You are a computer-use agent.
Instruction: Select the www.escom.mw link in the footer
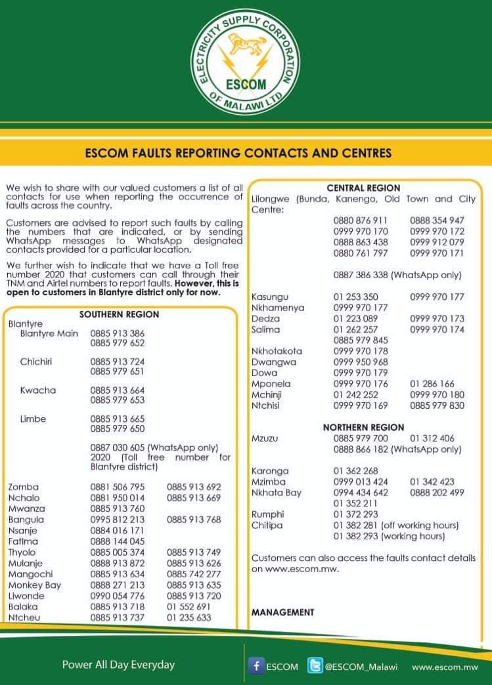click(445, 667)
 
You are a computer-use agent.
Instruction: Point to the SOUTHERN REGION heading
click(119, 314)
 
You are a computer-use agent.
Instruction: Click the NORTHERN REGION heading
click(363, 427)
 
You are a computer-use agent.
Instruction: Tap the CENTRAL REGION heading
click(363, 188)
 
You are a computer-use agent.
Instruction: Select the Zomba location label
click(24, 487)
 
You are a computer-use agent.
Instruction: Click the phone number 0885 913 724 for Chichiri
click(118, 362)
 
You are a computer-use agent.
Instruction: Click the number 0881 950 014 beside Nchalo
click(118, 497)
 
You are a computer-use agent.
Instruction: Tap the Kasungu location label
click(270, 297)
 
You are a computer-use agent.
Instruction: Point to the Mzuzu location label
click(266, 438)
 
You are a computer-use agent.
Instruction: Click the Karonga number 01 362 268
click(355, 470)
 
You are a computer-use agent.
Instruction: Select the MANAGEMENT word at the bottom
click(282, 612)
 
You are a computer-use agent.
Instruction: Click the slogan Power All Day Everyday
click(118, 665)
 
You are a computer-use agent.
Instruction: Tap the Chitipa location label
click(267, 525)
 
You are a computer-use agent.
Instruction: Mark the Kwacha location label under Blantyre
click(38, 390)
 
